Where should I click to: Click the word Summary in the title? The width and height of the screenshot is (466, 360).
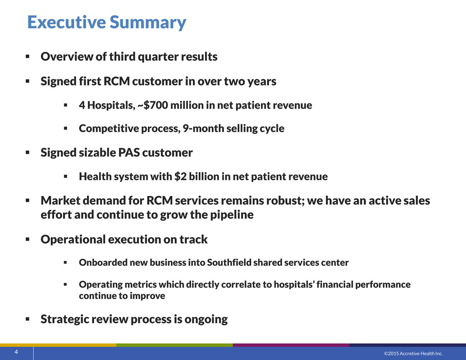148,23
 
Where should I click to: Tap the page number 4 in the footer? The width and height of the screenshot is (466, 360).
16,352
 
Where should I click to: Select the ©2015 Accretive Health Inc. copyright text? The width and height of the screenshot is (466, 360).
413,353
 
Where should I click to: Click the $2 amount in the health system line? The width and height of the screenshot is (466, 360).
180,177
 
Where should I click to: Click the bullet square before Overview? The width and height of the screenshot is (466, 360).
27,56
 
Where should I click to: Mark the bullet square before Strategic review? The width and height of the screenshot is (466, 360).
27,319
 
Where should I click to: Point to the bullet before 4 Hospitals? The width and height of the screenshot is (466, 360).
66,105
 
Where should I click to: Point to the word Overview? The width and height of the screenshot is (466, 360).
67,56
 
